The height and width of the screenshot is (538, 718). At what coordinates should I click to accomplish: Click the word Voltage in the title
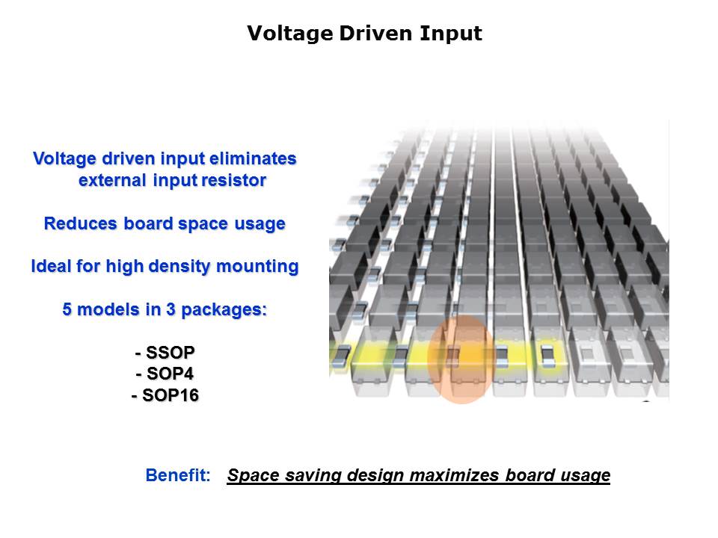290,34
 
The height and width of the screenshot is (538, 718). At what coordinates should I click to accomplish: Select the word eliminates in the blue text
253,158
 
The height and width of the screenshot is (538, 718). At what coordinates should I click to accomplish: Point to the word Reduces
81,223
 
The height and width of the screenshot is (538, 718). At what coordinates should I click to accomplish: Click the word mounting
257,267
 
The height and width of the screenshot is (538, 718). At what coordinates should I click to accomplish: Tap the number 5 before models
67,309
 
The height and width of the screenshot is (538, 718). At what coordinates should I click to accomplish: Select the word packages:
224,310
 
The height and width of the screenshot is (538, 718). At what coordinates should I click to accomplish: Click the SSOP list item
165,352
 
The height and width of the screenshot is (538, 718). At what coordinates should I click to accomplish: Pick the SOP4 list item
165,374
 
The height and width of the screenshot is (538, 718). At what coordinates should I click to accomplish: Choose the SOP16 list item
165,395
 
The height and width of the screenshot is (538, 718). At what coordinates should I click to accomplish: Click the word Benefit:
178,475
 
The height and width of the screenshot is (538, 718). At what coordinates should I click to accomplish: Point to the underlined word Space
254,476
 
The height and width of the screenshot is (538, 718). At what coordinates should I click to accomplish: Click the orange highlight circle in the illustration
461,359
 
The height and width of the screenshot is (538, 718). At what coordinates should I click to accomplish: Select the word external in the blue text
113,180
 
